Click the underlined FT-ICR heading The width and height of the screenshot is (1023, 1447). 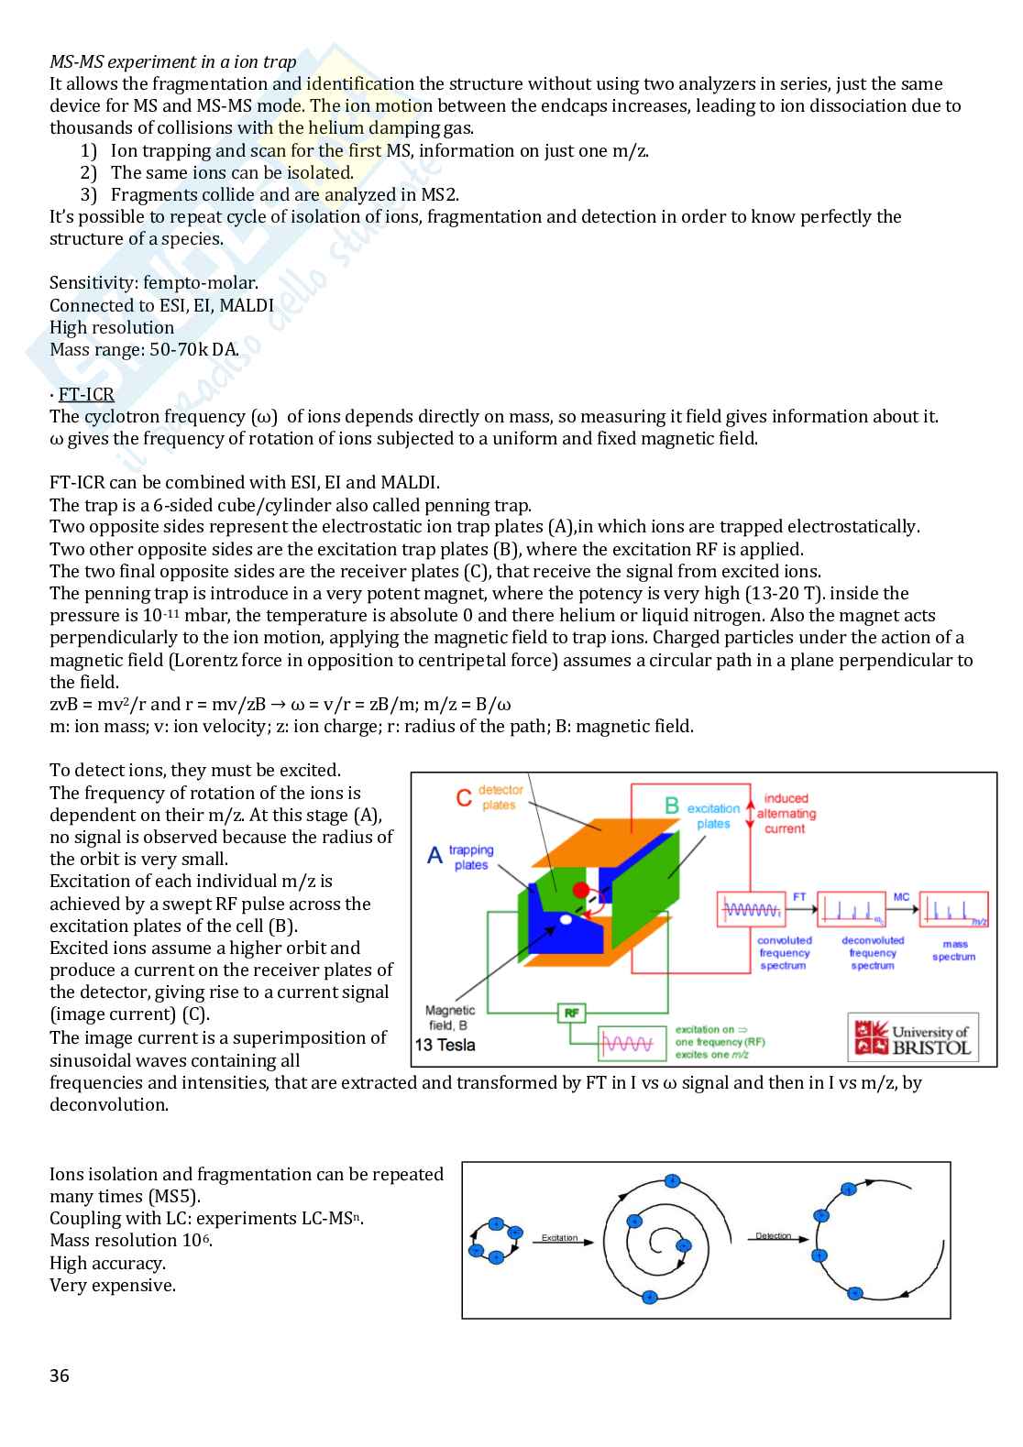(86, 395)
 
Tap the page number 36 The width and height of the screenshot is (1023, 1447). (60, 1376)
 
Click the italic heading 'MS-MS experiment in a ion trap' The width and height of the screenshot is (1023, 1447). (173, 61)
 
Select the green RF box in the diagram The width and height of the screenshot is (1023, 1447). (572, 1013)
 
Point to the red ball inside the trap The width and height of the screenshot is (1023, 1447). (581, 890)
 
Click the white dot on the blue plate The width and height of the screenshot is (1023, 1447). (566, 918)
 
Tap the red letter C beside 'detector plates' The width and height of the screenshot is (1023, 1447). (465, 797)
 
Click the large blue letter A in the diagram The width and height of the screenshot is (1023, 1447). (435, 856)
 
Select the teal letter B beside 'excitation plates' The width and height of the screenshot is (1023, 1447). (672, 806)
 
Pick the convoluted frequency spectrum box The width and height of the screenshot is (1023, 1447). (752, 909)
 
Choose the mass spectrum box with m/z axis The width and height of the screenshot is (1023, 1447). (954, 909)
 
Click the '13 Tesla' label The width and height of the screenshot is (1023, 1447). (445, 1046)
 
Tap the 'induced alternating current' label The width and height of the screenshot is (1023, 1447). (786, 814)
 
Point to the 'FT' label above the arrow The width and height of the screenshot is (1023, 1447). (799, 897)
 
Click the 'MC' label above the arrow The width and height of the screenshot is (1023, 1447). (901, 897)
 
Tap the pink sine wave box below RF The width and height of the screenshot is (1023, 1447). (632, 1043)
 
